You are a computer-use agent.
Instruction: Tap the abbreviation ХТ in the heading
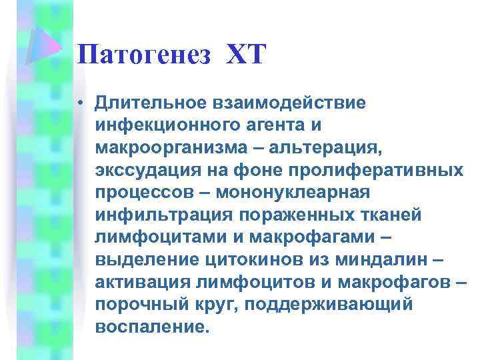point(245,54)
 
